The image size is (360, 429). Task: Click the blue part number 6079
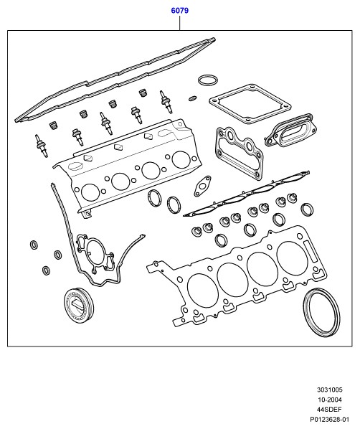click(180, 11)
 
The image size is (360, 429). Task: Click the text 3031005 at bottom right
click(330, 390)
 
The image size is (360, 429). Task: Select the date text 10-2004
click(330, 400)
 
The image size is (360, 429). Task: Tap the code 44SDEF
click(329, 410)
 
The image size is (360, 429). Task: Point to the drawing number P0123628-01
click(329, 420)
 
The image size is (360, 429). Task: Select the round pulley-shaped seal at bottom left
click(78, 305)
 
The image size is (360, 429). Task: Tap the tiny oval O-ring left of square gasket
click(192, 98)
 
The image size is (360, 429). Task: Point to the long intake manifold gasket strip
click(246, 194)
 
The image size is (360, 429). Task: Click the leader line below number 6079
click(180, 23)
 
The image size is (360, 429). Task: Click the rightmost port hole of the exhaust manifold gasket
click(181, 160)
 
